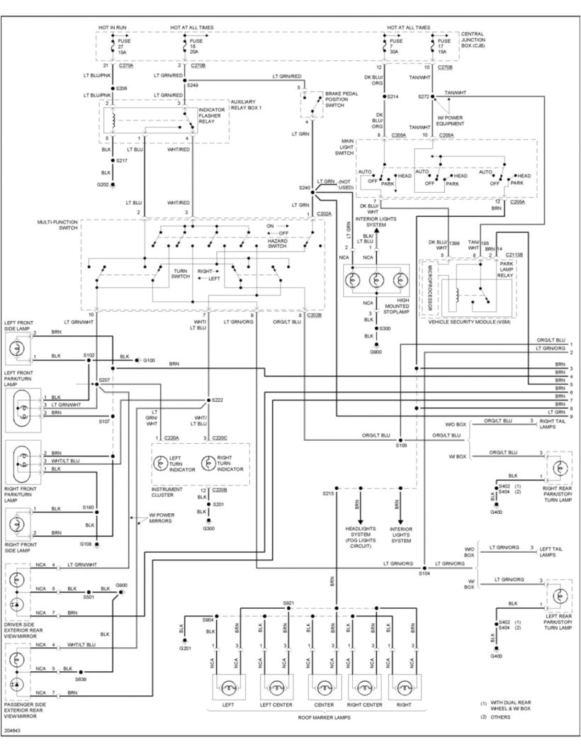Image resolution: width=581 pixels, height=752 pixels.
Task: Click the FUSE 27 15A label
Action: (x=125, y=47)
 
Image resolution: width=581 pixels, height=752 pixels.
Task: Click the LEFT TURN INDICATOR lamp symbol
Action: (x=162, y=463)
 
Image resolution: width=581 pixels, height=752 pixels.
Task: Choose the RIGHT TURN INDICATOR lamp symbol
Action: (x=208, y=463)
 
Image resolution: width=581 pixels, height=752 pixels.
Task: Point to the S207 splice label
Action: (x=104, y=380)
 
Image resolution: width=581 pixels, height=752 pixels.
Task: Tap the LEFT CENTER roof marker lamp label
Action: (x=276, y=705)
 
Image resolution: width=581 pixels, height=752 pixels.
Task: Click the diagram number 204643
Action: (x=12, y=729)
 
